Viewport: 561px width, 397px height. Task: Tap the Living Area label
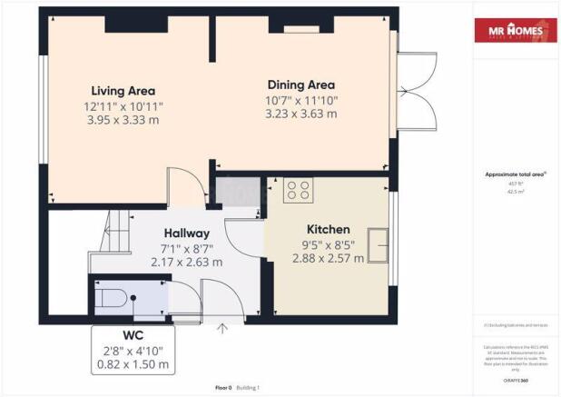(x=123, y=91)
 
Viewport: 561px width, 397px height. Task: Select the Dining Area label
(x=300, y=84)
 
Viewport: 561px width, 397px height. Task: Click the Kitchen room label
(x=328, y=230)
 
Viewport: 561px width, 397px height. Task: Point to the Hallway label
(x=186, y=233)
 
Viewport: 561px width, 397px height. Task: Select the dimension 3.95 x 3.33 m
(x=123, y=120)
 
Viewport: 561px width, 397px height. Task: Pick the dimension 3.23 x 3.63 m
(x=300, y=114)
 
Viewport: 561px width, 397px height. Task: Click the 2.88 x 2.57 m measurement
(x=328, y=258)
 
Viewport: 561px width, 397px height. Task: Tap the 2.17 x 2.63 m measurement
(x=186, y=262)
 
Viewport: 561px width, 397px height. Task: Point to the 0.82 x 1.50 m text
(x=133, y=364)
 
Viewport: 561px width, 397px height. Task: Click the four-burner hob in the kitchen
(x=299, y=190)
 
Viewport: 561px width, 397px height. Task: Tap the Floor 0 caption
(x=223, y=388)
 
